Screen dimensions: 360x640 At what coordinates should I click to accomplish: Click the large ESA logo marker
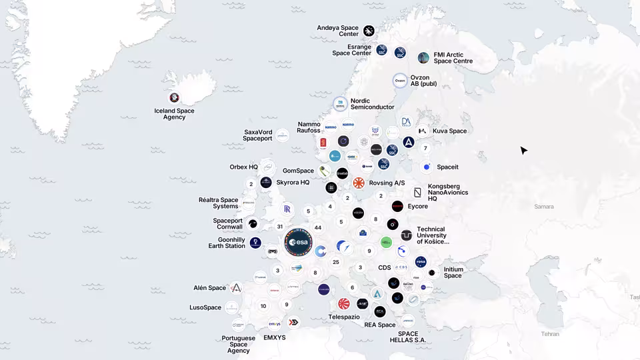pos(298,243)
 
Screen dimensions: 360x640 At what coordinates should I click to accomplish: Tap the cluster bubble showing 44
pos(318,228)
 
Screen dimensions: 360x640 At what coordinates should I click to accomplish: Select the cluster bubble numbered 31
pos(280,227)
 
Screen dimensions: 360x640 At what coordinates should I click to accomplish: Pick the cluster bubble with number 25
pos(336,262)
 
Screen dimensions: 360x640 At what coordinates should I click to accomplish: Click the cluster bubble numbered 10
pos(263,306)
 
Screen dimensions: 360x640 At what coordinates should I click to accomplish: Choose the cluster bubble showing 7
pos(425,148)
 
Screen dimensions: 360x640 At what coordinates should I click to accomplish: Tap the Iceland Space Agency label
pos(174,114)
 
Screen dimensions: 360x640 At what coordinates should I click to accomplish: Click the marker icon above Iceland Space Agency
pos(174,97)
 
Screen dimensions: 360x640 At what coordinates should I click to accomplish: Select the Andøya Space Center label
pos(337,31)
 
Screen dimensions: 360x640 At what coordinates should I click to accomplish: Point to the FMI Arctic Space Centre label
pos(453,58)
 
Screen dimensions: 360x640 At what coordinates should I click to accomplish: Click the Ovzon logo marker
pos(400,81)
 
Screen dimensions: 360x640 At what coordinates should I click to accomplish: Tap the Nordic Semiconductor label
pos(372,104)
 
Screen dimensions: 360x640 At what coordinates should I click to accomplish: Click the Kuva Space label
pos(449,131)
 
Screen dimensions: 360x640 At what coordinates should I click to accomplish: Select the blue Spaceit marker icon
pos(427,167)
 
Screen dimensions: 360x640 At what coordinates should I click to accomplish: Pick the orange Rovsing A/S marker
pos(359,183)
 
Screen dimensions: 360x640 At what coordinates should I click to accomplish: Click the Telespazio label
pos(344,317)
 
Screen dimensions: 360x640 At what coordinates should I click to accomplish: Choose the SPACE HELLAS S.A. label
pos(408,337)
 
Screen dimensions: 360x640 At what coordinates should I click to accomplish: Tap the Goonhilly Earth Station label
pos(227,243)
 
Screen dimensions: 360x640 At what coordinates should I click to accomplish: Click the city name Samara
pos(543,207)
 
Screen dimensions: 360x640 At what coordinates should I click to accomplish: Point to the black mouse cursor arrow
pos(523,151)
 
